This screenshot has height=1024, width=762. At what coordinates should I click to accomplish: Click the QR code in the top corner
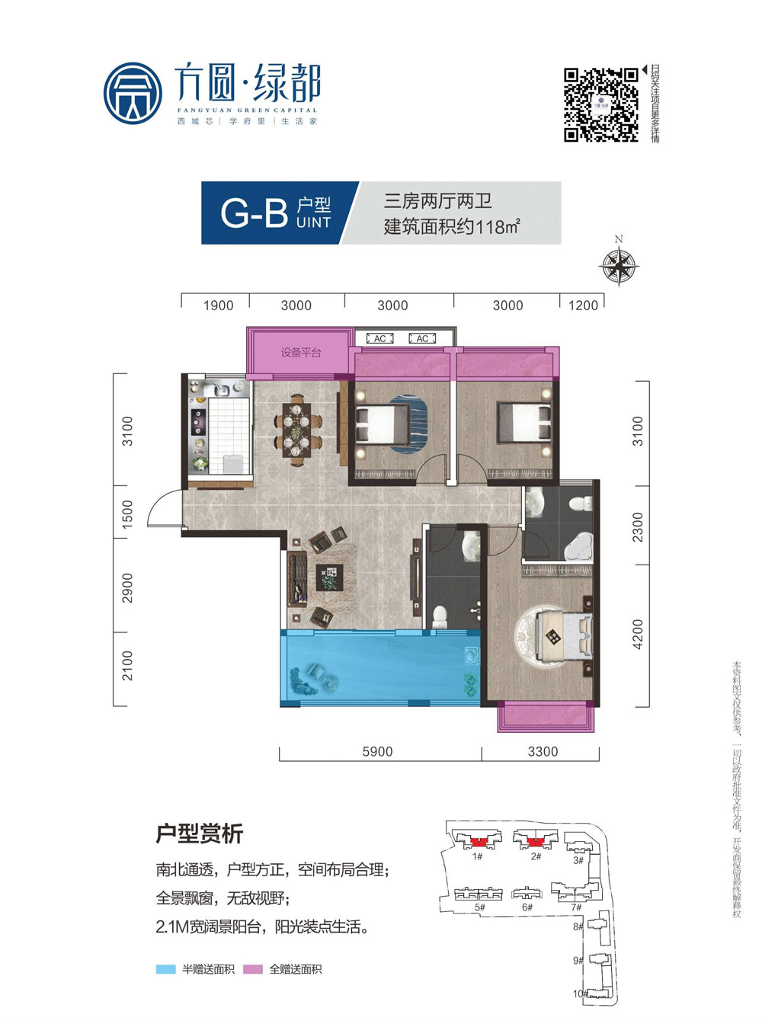point(600,105)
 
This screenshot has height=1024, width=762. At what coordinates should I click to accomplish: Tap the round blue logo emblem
point(133,93)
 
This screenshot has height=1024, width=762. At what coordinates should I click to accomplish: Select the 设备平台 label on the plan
point(301,353)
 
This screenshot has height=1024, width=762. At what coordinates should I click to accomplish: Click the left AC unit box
point(379,338)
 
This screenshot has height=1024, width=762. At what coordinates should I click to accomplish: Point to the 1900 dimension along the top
point(218,306)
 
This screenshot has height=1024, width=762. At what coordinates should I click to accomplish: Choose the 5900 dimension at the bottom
point(377,751)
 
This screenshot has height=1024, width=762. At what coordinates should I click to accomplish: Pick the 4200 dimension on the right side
point(638,635)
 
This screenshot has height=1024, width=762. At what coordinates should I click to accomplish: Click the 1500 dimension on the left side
point(127,513)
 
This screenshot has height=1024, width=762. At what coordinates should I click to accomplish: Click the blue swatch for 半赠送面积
point(166,969)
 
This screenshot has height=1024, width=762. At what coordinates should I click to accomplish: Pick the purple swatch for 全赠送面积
point(253,969)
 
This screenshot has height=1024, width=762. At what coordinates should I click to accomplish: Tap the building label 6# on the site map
point(527,907)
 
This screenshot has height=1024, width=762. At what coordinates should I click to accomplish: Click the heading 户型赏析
point(199,834)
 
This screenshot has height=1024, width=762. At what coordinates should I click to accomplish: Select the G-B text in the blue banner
point(253,213)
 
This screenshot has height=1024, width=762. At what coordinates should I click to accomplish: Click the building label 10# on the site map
point(580,994)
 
